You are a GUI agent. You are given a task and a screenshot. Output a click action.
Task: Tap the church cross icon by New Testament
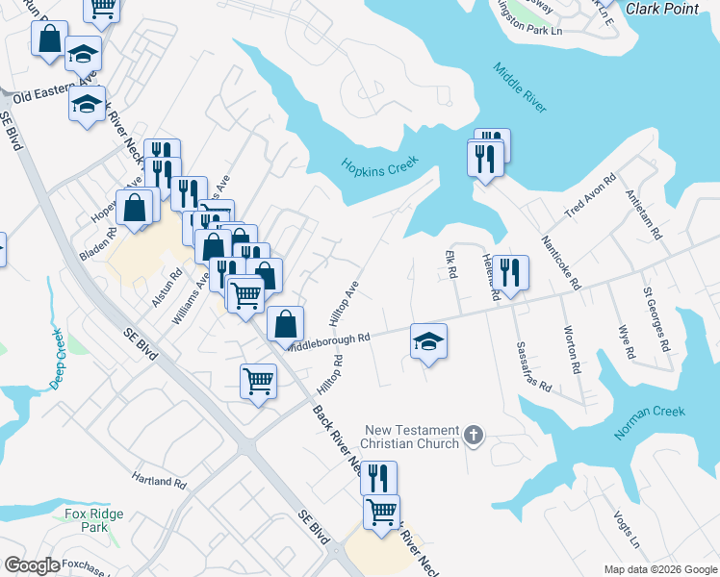[x=473, y=437]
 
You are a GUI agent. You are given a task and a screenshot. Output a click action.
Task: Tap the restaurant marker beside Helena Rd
[x=513, y=272]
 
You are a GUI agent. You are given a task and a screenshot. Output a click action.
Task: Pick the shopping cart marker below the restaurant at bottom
[x=382, y=512]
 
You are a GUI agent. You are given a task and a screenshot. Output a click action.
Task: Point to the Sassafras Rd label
[x=533, y=367]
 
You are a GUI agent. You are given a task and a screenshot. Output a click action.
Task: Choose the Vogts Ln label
[x=626, y=527]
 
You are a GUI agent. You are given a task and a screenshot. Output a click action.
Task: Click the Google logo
[x=33, y=566]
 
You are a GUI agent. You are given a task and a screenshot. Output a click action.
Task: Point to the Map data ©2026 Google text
[x=659, y=569]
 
